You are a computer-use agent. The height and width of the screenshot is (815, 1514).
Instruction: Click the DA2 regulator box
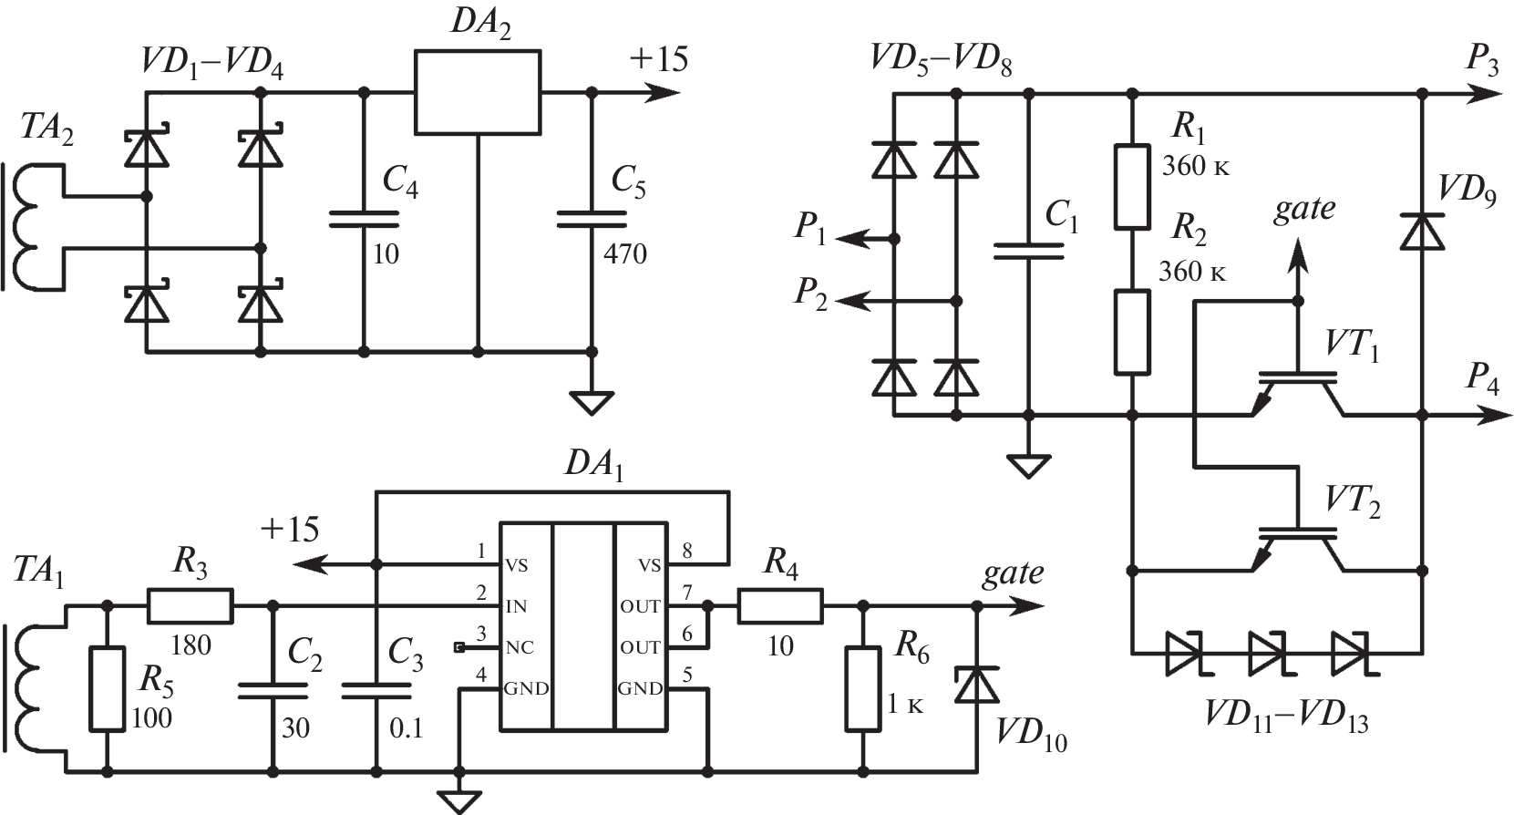pos(477,92)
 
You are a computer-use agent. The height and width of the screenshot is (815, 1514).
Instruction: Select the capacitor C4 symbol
pos(364,219)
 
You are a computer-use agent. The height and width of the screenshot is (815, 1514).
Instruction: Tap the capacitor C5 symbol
pos(592,219)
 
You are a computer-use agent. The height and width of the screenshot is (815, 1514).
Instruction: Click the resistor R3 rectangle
pos(190,604)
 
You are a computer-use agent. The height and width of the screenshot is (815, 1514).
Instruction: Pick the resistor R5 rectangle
pos(107,688)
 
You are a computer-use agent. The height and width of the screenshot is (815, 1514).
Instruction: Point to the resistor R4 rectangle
pos(780,606)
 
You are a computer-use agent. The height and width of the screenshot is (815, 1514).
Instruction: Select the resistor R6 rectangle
pos(862,688)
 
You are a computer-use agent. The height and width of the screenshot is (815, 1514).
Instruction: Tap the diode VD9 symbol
pos(1422,231)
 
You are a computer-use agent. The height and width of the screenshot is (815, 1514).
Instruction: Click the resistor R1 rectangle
pos(1132,185)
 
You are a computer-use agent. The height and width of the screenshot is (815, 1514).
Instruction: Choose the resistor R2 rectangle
pos(1132,332)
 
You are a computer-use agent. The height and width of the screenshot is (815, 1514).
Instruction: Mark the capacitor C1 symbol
pos(1029,251)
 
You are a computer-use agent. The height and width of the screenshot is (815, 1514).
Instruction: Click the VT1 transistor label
pos(1352,346)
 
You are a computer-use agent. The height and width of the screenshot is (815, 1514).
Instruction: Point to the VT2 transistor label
pos(1352,501)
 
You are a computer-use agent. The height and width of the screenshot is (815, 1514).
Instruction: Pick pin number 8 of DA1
pos(686,551)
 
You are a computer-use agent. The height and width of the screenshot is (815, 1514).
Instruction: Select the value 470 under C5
pos(625,253)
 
